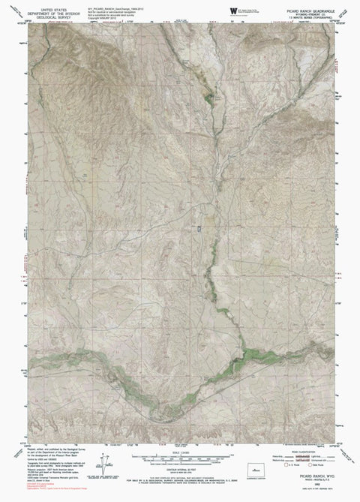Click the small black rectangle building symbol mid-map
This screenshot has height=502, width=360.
tap(199, 229)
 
